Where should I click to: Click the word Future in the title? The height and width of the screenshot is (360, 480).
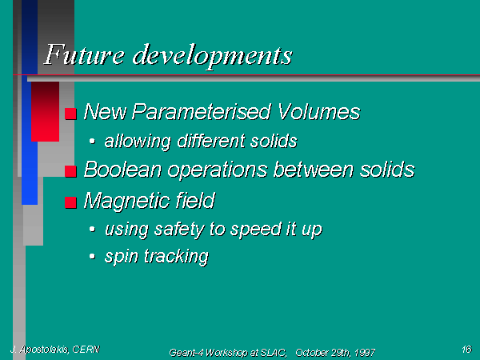[x=84, y=55]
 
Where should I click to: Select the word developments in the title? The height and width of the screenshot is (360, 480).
[x=213, y=57]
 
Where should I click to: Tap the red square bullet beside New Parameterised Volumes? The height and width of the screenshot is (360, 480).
[x=70, y=114]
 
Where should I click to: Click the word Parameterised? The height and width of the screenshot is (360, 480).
[x=201, y=111]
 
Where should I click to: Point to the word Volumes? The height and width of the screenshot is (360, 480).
[x=319, y=111]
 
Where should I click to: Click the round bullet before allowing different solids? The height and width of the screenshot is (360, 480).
[x=92, y=141]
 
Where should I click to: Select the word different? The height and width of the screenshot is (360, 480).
[x=211, y=141]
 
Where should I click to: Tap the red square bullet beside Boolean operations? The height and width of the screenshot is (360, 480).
[x=70, y=171]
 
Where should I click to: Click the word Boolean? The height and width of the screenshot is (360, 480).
[x=122, y=170]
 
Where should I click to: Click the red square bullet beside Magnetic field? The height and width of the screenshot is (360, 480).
[x=70, y=202]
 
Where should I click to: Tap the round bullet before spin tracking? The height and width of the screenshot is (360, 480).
[x=92, y=256]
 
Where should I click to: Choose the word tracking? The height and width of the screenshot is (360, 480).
[x=177, y=256]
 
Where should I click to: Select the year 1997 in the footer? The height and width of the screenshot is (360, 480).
[x=365, y=353]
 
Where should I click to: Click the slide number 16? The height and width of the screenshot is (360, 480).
[x=467, y=349]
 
